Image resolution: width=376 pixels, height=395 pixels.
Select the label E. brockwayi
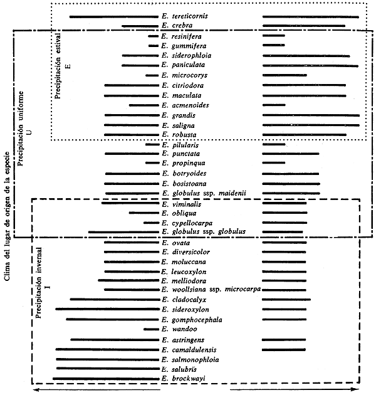[x=183, y=379]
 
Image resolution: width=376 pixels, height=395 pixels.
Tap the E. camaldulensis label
[x=189, y=349]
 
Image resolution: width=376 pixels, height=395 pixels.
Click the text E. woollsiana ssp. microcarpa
[x=211, y=290]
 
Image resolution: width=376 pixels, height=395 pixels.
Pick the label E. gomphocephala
[x=189, y=319]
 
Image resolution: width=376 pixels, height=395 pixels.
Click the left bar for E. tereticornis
[x=113, y=16]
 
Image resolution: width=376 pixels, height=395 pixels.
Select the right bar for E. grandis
[x=311, y=115]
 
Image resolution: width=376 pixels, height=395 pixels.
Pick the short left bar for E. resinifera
[x=153, y=36]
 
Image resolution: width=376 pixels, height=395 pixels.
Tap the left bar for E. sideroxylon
[x=106, y=309]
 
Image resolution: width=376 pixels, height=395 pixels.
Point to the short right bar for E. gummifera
[x=273, y=46]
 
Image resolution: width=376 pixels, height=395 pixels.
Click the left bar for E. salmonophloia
[x=106, y=359]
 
